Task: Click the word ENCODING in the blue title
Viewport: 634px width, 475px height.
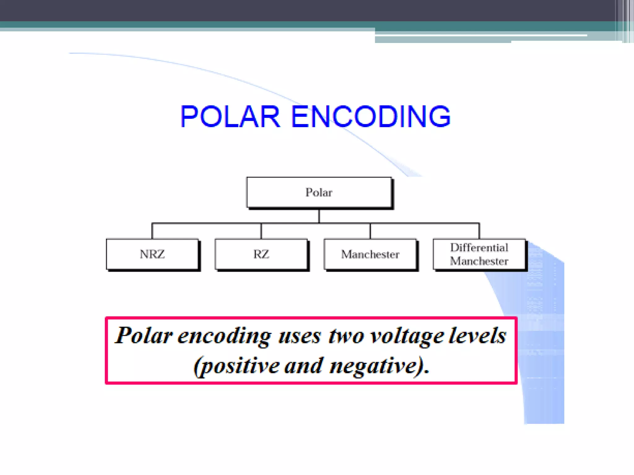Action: point(371,117)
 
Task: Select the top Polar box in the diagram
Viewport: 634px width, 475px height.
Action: point(319,192)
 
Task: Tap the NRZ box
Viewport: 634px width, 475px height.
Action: point(152,254)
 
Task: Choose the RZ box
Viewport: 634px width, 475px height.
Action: point(261,254)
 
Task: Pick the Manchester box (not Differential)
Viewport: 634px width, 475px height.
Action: point(370,254)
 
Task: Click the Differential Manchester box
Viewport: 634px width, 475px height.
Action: point(479,254)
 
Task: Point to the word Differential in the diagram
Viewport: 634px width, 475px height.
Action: point(479,248)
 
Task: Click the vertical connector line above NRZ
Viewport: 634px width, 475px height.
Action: point(152,231)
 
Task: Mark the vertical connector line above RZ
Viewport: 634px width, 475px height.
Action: point(261,231)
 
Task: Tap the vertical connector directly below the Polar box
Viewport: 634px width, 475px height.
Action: point(319,216)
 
